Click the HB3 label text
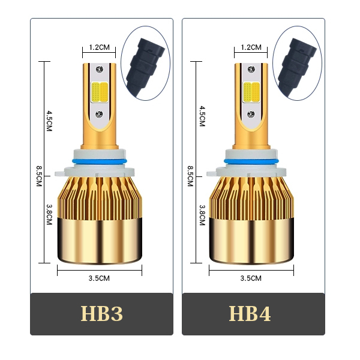coord(102,313)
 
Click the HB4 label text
coord(250,313)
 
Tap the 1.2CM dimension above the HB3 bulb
coord(99,47)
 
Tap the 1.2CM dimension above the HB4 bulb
coord(251,47)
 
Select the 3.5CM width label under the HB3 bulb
coord(99,278)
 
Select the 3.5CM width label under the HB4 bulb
coord(251,278)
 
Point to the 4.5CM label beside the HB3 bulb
coord(49,121)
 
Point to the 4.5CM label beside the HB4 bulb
coord(202,116)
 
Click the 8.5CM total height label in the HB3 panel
coord(39,176)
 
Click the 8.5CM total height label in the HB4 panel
coord(190,176)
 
